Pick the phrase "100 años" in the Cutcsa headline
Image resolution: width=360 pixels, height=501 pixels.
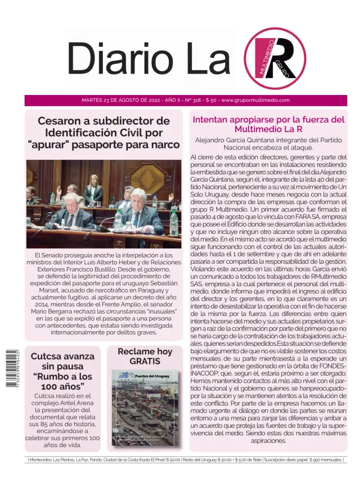pos(62,386)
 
